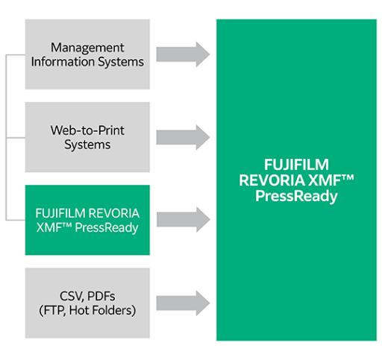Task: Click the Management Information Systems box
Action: (87, 54)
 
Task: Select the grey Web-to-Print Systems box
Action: (87, 137)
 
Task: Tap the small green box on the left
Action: (87, 220)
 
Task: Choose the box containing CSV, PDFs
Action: (87, 303)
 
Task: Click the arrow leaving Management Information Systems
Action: (184, 54)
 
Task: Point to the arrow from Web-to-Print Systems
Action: (184, 137)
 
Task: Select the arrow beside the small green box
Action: (184, 220)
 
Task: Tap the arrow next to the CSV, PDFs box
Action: (184, 303)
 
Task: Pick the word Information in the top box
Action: (67, 62)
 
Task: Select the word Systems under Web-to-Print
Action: (87, 145)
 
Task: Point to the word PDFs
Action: (101, 296)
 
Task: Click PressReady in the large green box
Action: (296, 197)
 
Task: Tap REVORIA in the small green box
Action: (114, 213)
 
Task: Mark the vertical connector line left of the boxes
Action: (7, 137)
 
